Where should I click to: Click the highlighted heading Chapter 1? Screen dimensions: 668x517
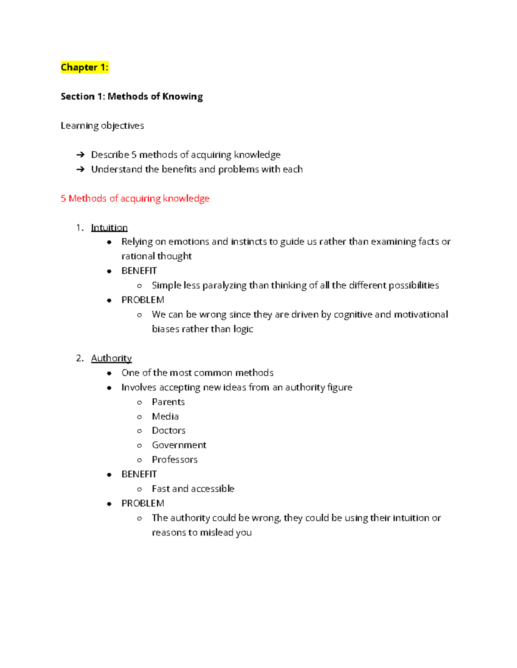pyautogui.click(x=84, y=67)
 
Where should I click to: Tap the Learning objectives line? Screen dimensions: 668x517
pyautogui.click(x=102, y=126)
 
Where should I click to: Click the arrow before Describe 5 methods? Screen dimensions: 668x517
pyautogui.click(x=80, y=155)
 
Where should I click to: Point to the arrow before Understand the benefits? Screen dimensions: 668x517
pyautogui.click(x=80, y=169)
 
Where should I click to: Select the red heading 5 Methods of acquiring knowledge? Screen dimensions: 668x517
pyautogui.click(x=135, y=198)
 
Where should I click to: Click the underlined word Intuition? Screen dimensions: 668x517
pyautogui.click(x=109, y=228)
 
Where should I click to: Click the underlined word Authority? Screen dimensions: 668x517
pyautogui.click(x=111, y=358)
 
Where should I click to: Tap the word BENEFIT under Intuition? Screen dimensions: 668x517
pyautogui.click(x=139, y=271)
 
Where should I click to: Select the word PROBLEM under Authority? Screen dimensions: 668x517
pyautogui.click(x=143, y=503)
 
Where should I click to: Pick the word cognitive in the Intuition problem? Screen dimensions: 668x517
pyautogui.click(x=353, y=315)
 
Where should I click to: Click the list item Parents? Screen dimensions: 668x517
pyautogui.click(x=168, y=402)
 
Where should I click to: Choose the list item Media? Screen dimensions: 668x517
pyautogui.click(x=165, y=416)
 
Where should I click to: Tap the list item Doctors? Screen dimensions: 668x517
pyautogui.click(x=168, y=431)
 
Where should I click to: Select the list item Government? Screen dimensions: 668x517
pyautogui.click(x=179, y=445)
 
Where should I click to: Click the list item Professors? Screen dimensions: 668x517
pyautogui.click(x=174, y=460)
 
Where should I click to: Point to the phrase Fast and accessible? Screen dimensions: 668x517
pyautogui.click(x=193, y=489)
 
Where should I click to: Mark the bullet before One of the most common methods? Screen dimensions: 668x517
pyautogui.click(x=109, y=373)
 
